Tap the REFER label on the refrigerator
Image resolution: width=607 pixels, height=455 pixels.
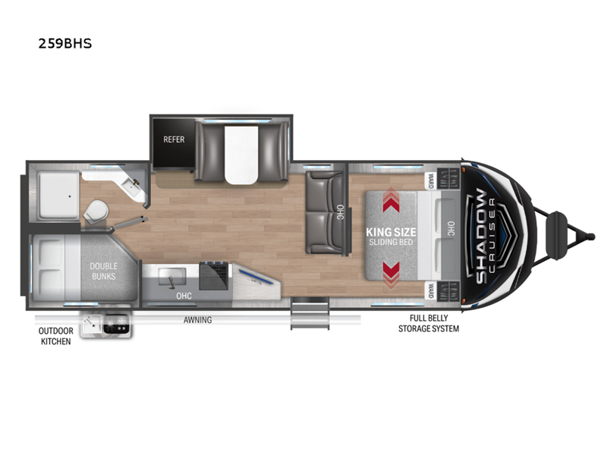[x=175, y=140]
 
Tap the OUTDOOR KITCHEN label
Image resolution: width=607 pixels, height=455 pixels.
[x=55, y=336]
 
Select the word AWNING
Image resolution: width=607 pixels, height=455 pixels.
[x=197, y=320]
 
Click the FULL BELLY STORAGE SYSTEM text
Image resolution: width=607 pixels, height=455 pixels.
[x=429, y=324]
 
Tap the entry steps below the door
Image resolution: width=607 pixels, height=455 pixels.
[x=310, y=313]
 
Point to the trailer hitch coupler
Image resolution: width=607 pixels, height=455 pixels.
[x=562, y=225]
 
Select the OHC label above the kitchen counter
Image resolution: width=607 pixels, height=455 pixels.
[x=184, y=296]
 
